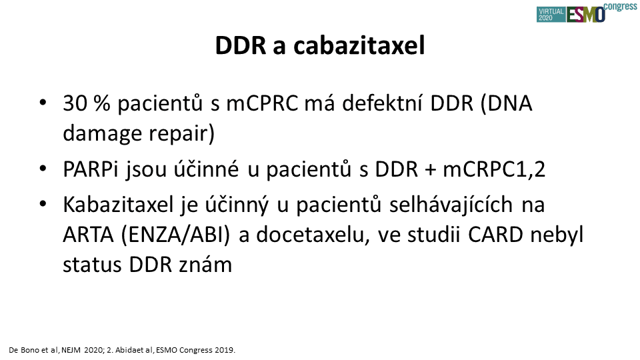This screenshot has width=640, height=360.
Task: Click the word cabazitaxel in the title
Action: tap(359, 45)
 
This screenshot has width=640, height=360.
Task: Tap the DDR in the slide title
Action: tap(241, 45)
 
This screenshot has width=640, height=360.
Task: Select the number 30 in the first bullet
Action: tap(75, 103)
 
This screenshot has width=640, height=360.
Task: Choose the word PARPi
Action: tap(90, 169)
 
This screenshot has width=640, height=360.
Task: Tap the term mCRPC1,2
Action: tap(494, 169)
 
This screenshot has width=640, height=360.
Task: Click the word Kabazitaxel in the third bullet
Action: tap(119, 205)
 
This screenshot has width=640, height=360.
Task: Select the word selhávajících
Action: tap(451, 205)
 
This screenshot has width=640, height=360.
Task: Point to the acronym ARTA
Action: tap(88, 235)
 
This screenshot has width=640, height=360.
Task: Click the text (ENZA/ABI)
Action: tap(175, 235)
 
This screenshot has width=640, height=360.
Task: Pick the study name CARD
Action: tap(495, 235)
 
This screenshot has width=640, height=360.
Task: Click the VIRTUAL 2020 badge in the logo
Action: tap(551, 15)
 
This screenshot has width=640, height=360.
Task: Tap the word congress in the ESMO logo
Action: tap(621, 7)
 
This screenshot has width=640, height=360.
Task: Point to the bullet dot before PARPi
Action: tap(43, 168)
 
